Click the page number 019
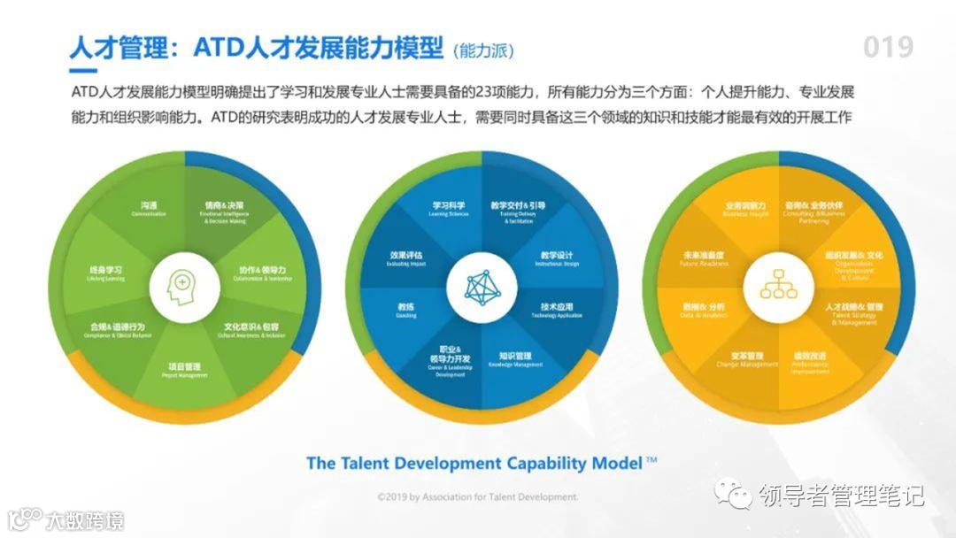click(888, 46)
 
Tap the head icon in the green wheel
click(181, 286)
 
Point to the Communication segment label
click(148, 209)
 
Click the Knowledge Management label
click(514, 359)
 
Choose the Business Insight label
click(746, 209)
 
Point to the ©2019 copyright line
click(477, 497)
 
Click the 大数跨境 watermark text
click(85, 519)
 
